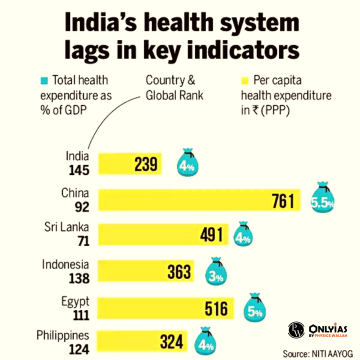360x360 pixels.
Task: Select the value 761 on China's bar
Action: pos(283,202)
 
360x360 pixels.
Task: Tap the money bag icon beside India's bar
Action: pos(187,162)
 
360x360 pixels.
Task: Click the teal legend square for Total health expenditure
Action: pos(43,79)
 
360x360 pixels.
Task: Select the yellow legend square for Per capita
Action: pos(236,79)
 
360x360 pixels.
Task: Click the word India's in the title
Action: pos(118,21)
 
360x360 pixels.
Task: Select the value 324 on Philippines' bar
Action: pos(172,343)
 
